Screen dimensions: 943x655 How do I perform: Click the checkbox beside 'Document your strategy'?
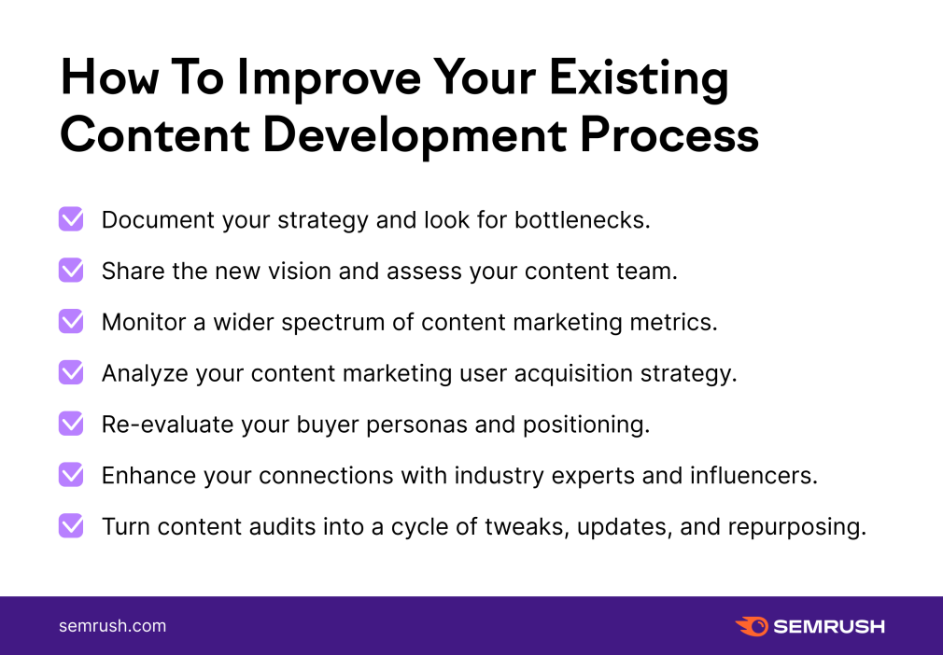71,219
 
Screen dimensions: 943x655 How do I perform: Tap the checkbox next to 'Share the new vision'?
71,271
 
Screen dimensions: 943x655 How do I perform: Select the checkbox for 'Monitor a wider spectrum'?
71,322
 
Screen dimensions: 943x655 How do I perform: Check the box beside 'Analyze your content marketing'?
71,372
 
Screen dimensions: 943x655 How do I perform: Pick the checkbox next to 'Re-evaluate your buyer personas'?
71,424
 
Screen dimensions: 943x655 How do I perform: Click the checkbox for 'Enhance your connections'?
71,475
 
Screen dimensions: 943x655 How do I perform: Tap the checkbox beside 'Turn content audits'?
71,526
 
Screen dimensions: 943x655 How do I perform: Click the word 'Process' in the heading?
669,134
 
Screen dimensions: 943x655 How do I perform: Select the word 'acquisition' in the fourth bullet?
573,374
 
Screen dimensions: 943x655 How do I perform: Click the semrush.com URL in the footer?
112,625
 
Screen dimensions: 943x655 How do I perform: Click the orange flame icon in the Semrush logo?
752,626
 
